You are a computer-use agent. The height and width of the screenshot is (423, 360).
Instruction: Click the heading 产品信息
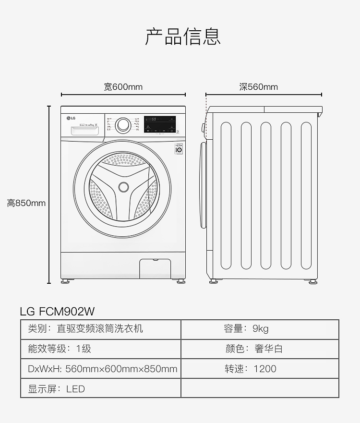pyautogui.click(x=183, y=37)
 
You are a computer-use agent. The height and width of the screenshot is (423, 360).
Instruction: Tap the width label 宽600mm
pyautogui.click(x=123, y=87)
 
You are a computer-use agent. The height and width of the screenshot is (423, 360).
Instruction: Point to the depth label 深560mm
pyautogui.click(x=259, y=87)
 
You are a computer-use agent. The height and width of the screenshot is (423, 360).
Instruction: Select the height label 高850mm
pyautogui.click(x=26, y=203)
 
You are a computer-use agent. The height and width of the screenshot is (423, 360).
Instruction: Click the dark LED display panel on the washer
pyautogui.click(x=160, y=124)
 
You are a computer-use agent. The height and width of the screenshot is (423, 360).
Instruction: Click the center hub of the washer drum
pyautogui.click(x=123, y=187)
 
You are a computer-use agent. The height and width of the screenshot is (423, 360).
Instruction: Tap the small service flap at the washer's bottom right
pyautogui.click(x=155, y=268)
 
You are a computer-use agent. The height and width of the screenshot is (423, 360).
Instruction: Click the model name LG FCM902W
pyautogui.click(x=57, y=311)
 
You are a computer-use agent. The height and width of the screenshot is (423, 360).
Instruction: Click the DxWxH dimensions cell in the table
pyautogui.click(x=101, y=369)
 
